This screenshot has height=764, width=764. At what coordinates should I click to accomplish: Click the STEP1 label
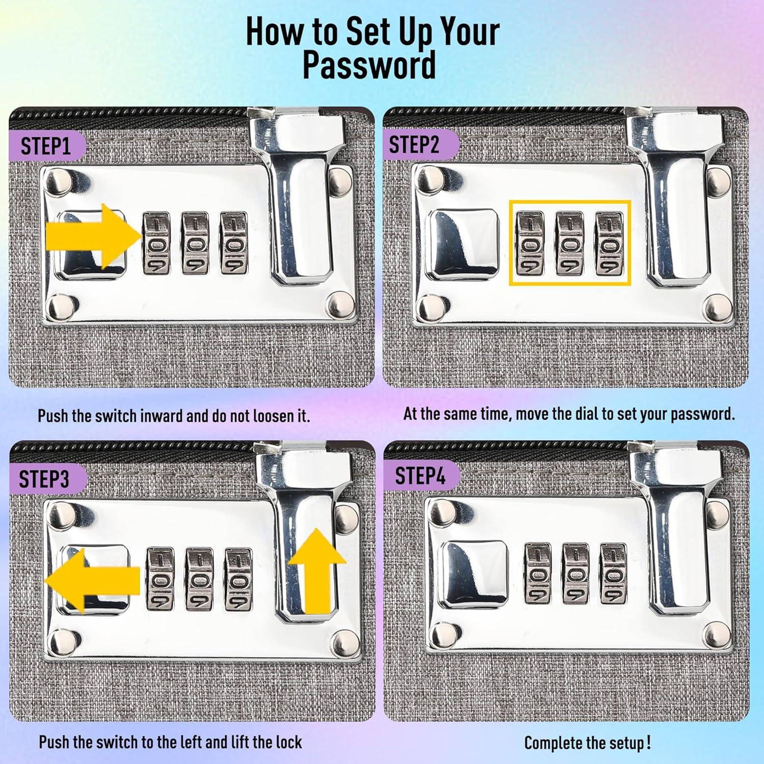coord(46,146)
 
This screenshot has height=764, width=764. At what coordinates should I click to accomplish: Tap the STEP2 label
coord(414,145)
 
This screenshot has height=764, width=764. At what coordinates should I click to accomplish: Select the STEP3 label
coord(44,479)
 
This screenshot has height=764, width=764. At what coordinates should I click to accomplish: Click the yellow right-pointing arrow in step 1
coord(94,236)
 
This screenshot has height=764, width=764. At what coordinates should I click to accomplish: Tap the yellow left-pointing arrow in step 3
coord(92,581)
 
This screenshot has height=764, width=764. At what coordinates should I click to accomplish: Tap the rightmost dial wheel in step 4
coord(613,575)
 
